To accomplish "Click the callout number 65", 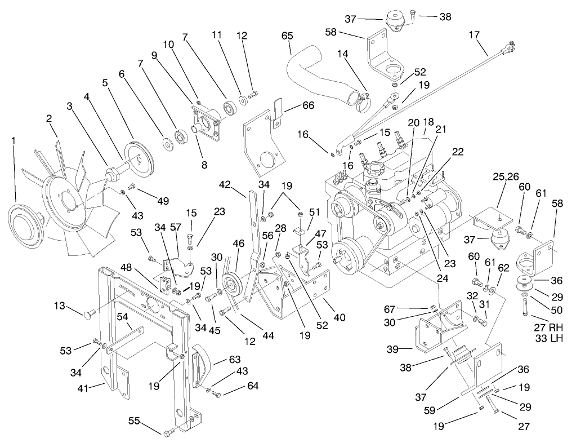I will (x=287, y=36).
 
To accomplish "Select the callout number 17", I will (x=474, y=35).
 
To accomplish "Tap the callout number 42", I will (x=225, y=184).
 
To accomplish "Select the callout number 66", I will (x=308, y=105).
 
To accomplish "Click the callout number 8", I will (x=204, y=165).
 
